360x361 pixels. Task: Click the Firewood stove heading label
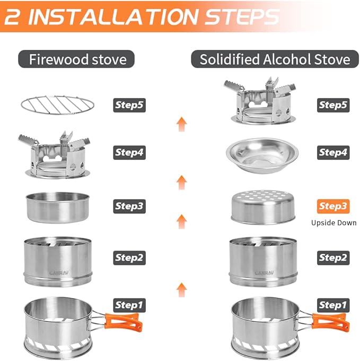(x=76, y=59)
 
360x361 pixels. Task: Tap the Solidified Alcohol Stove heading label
(x=275, y=59)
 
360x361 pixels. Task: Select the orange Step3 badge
(x=333, y=207)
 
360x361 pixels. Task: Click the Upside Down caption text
(x=334, y=223)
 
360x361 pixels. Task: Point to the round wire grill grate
(x=58, y=105)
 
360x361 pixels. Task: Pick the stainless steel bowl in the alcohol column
(x=262, y=156)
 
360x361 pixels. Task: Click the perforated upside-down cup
(x=263, y=207)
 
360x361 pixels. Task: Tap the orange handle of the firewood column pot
(x=124, y=322)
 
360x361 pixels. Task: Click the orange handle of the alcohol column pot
(x=331, y=322)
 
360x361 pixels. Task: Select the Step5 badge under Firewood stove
(x=129, y=105)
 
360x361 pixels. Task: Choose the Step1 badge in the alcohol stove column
(x=333, y=305)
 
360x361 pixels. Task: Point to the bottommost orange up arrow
(x=182, y=290)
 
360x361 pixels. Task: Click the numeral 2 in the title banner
(x=12, y=16)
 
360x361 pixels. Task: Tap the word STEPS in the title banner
(x=242, y=16)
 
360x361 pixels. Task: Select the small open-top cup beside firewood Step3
(x=57, y=208)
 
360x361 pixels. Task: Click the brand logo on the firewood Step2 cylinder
(x=59, y=273)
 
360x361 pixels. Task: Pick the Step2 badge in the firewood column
(x=129, y=257)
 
